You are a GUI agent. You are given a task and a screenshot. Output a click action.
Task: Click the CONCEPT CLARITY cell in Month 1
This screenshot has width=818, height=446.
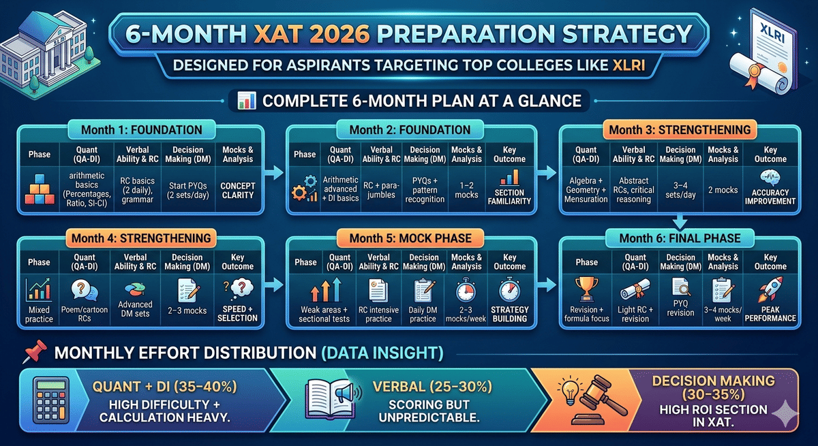click(237, 189)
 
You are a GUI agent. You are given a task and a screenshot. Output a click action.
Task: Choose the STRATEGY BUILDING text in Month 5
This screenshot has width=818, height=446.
click(510, 314)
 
